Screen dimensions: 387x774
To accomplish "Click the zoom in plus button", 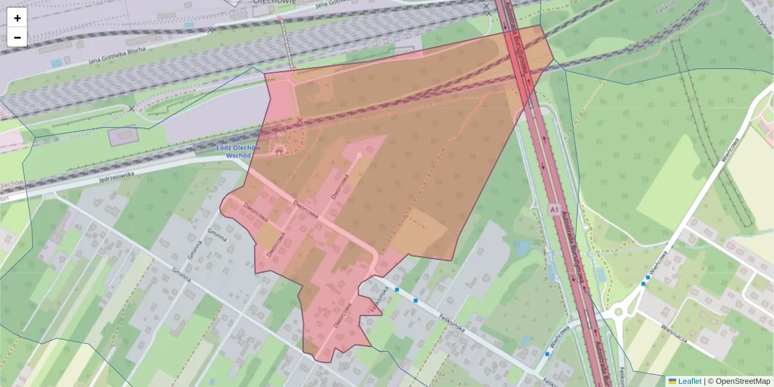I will (17, 18).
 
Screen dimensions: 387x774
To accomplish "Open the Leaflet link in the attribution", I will (690, 381).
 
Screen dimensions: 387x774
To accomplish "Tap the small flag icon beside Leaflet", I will (672, 381).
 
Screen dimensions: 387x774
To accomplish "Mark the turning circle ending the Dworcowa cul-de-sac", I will (359, 155).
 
